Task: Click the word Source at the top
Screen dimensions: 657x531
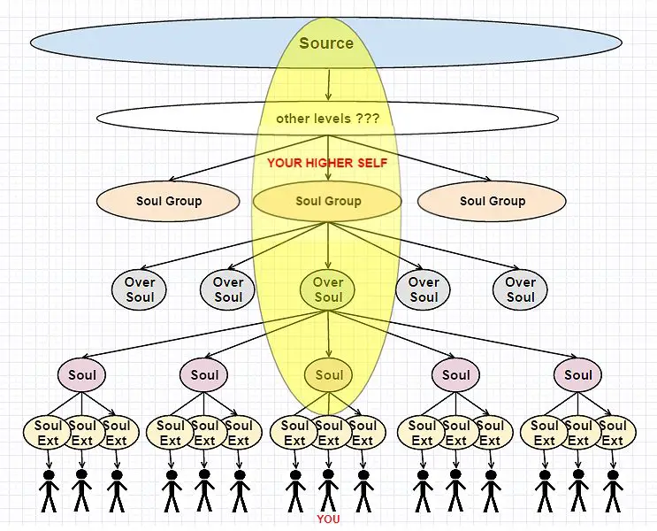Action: click(x=326, y=42)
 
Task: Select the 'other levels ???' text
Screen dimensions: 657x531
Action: click(x=328, y=119)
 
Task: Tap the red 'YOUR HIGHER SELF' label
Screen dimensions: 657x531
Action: click(x=327, y=163)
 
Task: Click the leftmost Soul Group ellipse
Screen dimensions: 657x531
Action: click(x=168, y=201)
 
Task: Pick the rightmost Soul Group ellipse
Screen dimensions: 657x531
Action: click(x=492, y=201)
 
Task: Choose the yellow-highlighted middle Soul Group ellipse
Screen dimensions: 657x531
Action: click(x=328, y=201)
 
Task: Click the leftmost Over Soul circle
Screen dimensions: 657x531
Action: click(x=139, y=289)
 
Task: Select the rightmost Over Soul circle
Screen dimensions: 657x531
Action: click(x=520, y=289)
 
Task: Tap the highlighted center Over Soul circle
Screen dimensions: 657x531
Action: click(x=328, y=289)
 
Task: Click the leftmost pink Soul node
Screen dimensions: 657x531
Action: click(x=81, y=374)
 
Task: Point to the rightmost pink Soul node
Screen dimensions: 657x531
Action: click(x=577, y=374)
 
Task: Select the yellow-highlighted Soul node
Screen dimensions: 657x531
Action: click(x=329, y=374)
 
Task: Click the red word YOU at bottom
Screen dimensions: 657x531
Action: click(x=329, y=519)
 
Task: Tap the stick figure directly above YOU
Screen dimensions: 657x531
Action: click(x=328, y=491)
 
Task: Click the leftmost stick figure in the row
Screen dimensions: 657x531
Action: click(x=49, y=491)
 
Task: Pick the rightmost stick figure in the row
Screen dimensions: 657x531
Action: click(x=613, y=491)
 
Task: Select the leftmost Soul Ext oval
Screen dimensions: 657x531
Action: click(x=47, y=433)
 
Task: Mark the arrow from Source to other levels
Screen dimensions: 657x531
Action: click(x=329, y=85)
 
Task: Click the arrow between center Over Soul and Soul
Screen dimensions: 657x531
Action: click(x=329, y=334)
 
